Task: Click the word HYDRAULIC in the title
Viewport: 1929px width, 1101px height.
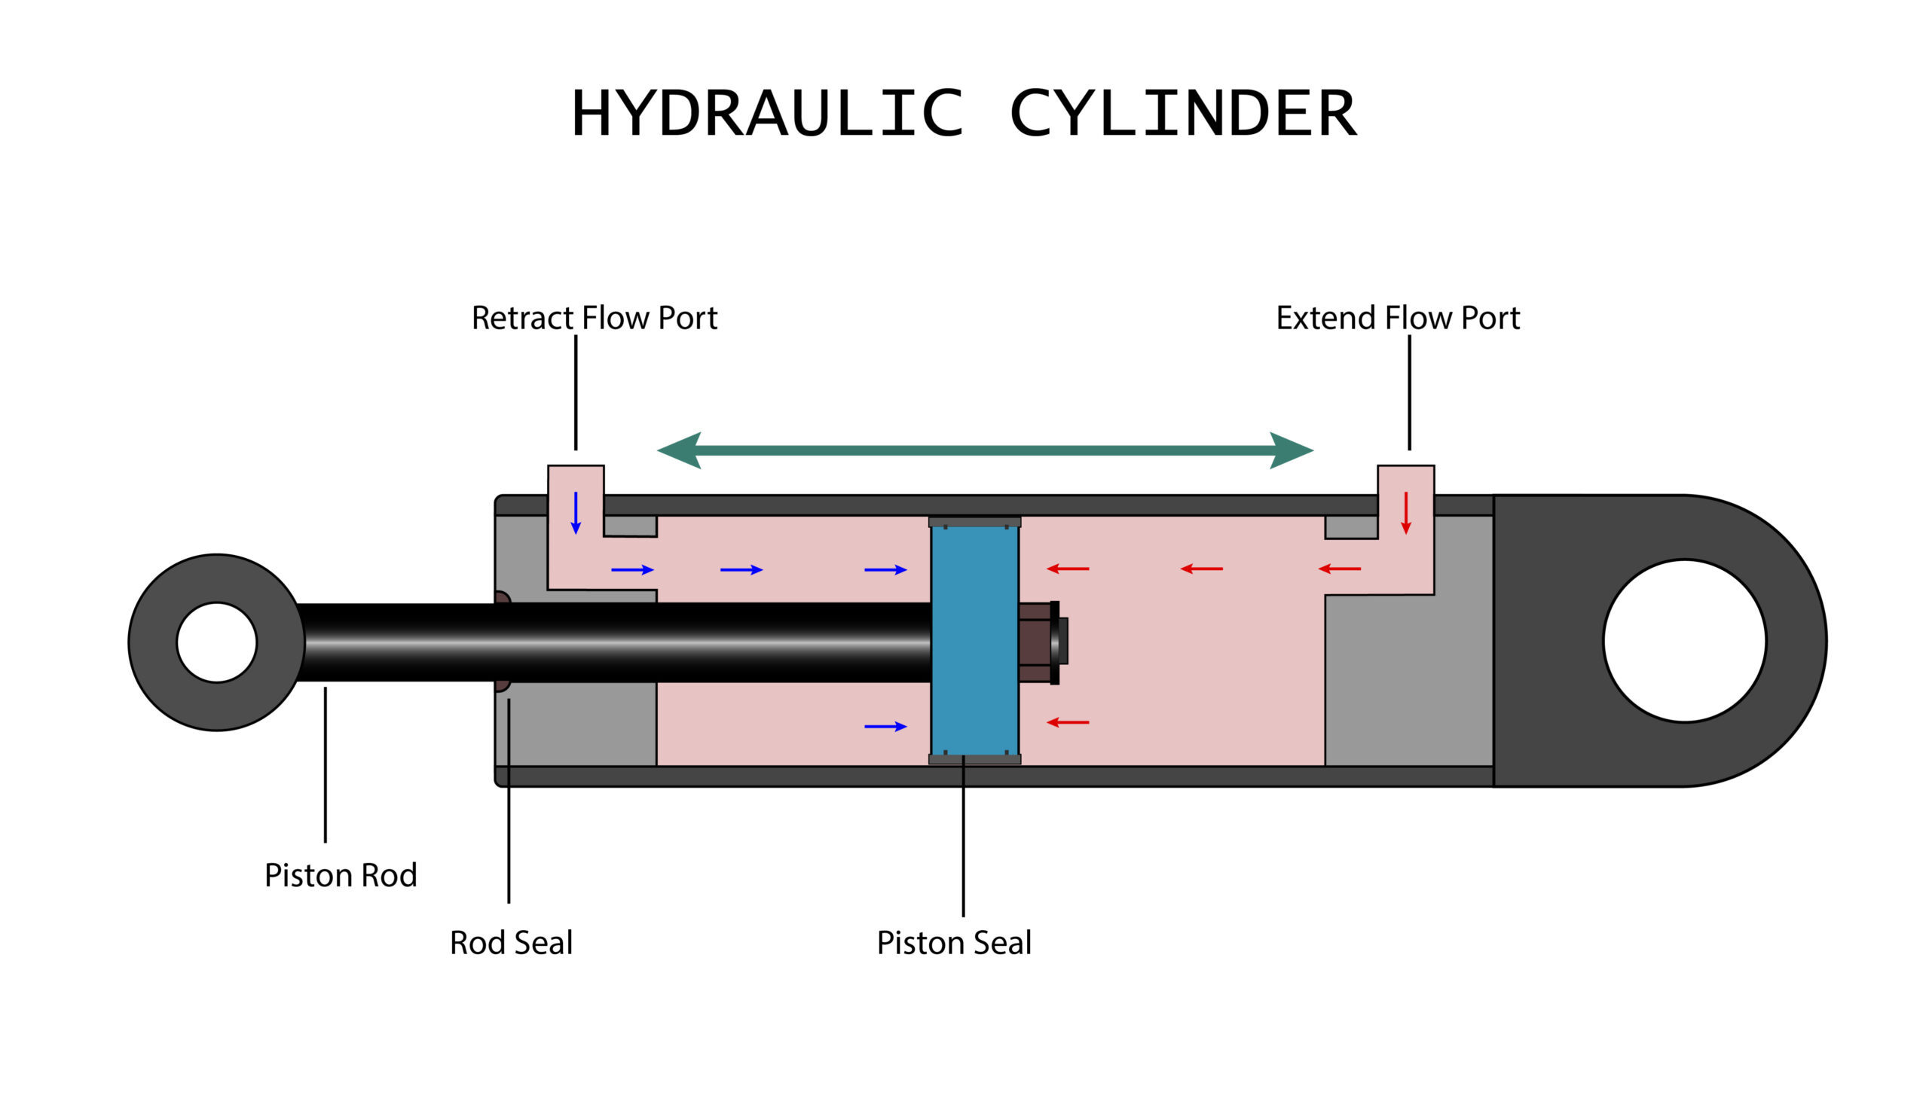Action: click(x=767, y=113)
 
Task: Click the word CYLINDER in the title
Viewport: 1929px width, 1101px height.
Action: click(x=1182, y=113)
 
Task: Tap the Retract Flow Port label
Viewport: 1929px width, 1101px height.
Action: click(x=594, y=318)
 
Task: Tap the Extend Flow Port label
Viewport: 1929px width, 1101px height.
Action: click(x=1397, y=318)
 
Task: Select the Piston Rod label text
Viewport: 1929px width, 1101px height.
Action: click(x=341, y=875)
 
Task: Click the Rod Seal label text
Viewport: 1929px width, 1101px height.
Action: click(x=511, y=942)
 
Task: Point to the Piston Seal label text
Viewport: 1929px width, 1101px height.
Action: click(x=953, y=942)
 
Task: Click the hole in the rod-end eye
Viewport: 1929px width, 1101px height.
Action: click(x=217, y=642)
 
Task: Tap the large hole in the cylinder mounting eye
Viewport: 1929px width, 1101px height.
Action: click(x=1684, y=640)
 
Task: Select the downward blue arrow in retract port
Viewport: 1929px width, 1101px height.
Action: click(x=576, y=513)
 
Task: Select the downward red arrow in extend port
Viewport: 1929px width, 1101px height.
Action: click(x=1405, y=513)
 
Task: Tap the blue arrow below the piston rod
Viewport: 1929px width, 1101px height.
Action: click(x=885, y=726)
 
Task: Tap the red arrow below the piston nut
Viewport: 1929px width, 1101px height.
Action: click(x=1068, y=722)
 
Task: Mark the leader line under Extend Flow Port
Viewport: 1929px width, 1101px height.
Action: click(x=1408, y=393)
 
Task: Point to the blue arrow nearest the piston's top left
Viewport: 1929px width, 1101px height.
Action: click(x=885, y=569)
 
